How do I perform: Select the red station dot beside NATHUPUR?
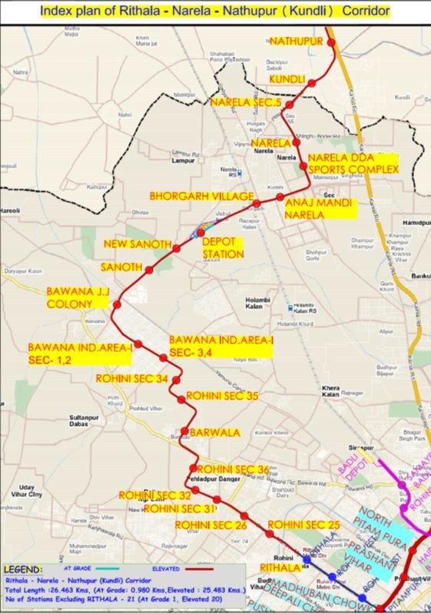point(333,43)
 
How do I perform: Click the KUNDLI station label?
point(287,80)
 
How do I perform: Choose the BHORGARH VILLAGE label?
point(201,197)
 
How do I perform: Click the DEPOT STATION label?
point(222,247)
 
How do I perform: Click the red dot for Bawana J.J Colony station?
point(117,306)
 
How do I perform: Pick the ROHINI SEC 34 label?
point(131,378)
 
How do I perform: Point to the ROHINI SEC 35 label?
point(222,396)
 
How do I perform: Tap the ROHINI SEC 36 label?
point(233,469)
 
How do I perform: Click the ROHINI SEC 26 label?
point(210,525)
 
